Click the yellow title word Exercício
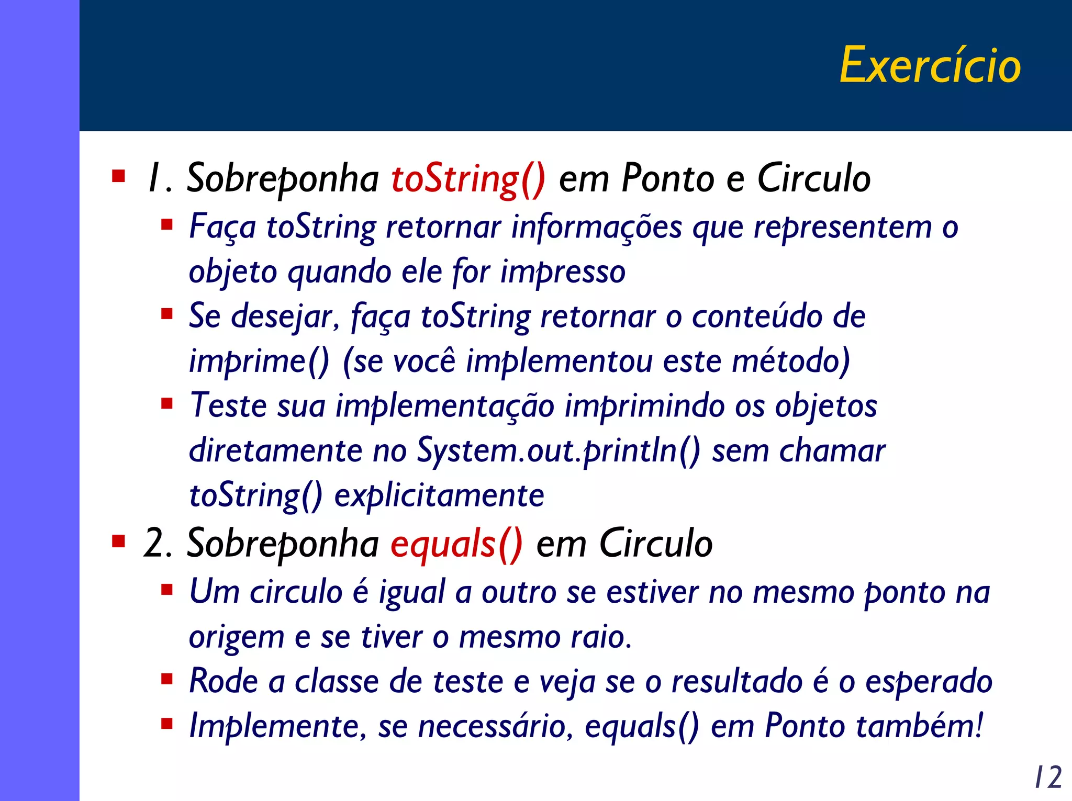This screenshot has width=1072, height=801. (x=930, y=65)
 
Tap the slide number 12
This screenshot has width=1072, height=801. (x=1048, y=777)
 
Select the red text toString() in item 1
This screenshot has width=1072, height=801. (x=468, y=179)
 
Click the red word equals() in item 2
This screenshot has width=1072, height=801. (x=456, y=544)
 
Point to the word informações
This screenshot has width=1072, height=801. (x=597, y=227)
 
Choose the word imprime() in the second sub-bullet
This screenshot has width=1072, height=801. (x=259, y=362)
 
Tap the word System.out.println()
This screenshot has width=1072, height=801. (x=558, y=450)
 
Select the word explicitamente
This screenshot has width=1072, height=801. (x=439, y=495)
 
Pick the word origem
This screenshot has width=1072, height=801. (x=236, y=638)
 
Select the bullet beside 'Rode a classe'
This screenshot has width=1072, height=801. (x=167, y=679)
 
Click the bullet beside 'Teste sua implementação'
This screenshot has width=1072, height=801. (x=167, y=403)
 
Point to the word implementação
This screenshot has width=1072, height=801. (x=445, y=407)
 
